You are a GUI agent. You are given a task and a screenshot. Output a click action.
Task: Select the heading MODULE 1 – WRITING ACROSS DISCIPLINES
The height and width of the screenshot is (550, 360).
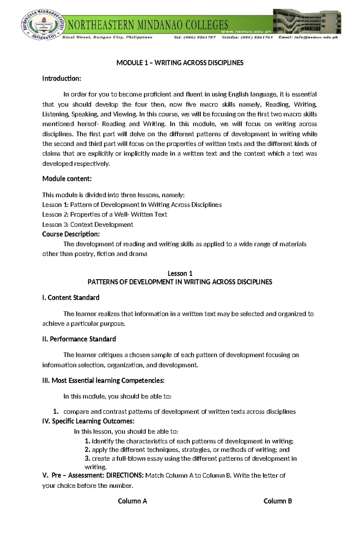pos(180,63)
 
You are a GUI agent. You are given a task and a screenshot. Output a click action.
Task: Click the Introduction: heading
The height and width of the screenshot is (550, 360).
pos(61,79)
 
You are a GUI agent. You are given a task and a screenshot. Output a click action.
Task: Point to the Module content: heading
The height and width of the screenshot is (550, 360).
pos(67,179)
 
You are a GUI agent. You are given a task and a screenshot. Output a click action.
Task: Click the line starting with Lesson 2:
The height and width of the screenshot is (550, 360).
pos(104,215)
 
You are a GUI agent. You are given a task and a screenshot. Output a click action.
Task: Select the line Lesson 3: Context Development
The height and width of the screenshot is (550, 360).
pos(88,224)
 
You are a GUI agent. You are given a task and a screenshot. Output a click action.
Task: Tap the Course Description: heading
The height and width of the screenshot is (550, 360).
pos(71,234)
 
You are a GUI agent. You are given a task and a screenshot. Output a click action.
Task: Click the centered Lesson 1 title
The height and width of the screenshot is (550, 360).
pos(180,273)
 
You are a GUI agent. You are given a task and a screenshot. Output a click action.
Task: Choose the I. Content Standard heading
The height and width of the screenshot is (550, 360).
pos(71,298)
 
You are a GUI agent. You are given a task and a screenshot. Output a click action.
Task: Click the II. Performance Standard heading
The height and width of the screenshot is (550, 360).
pos(79,339)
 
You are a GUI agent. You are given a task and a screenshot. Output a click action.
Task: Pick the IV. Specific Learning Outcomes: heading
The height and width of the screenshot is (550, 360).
pos(88,421)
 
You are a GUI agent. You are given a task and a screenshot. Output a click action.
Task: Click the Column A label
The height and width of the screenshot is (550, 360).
pos(132,501)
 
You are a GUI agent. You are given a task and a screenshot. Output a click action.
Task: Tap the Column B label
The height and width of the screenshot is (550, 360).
pos(277,501)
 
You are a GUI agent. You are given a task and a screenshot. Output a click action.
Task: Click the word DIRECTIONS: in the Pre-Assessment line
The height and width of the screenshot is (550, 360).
pos(125,475)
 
